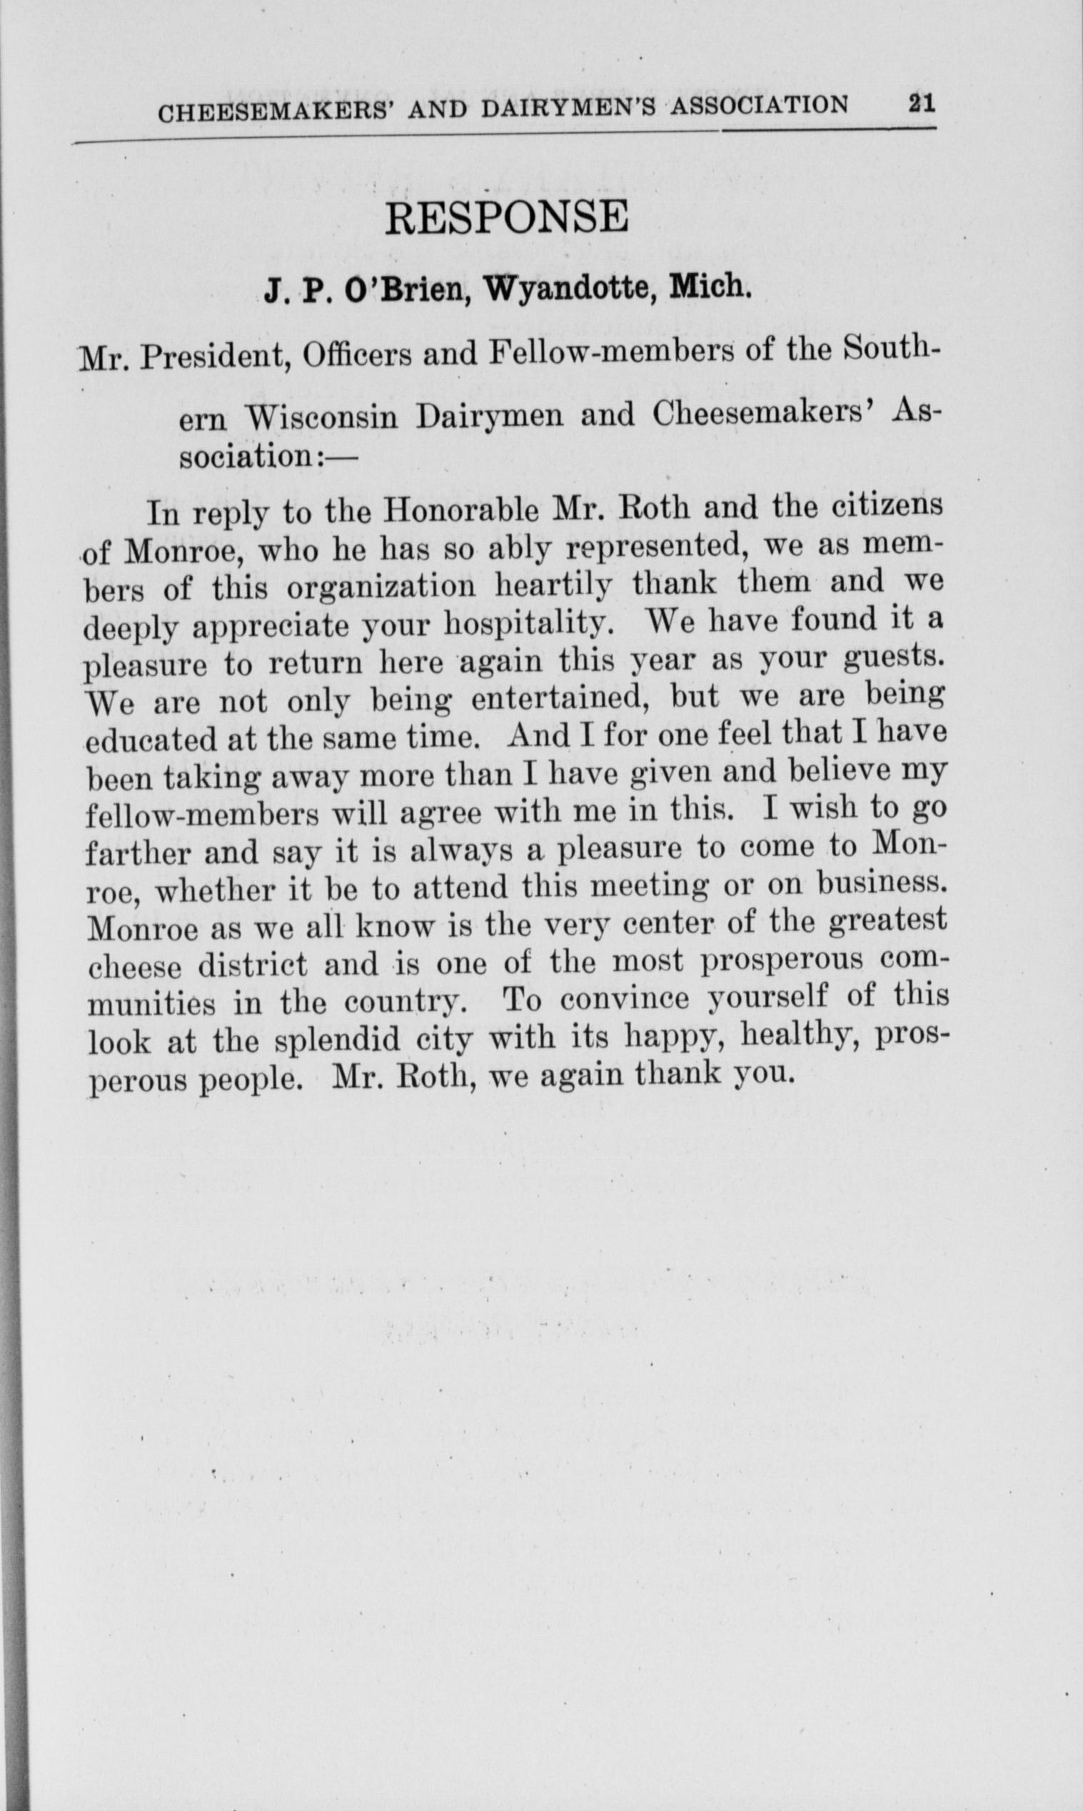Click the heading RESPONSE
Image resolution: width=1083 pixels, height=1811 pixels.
coord(506,218)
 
